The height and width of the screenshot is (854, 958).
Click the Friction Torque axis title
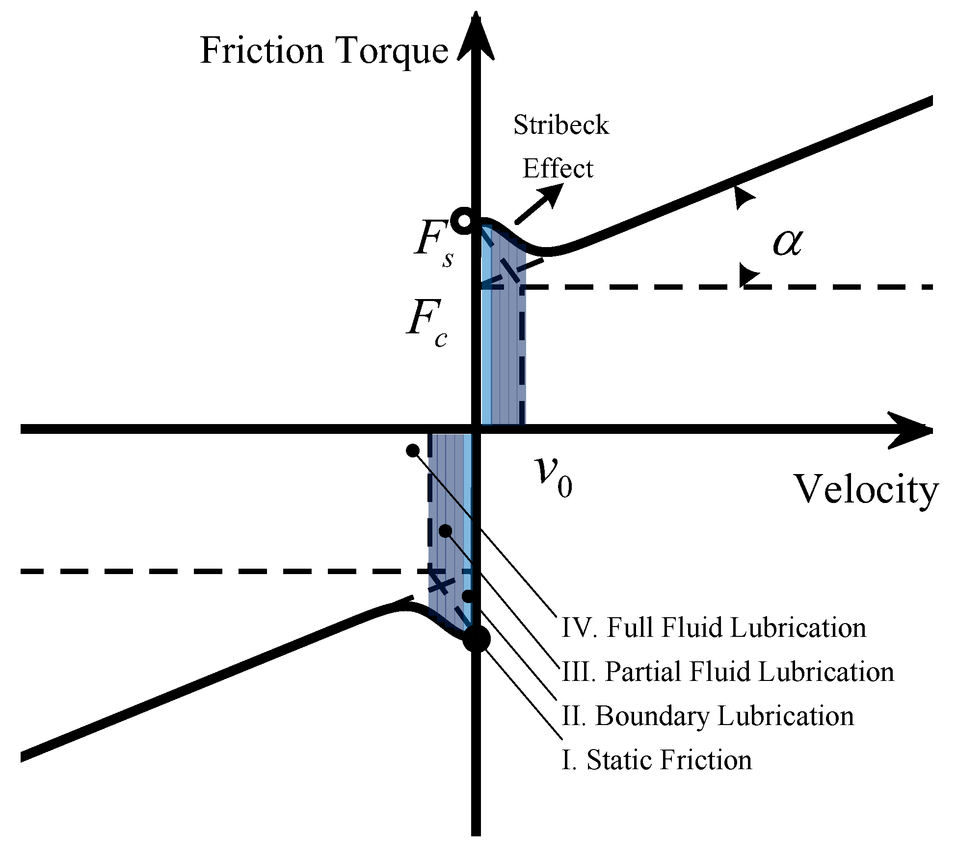[x=324, y=51]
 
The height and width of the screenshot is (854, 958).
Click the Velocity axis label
[x=866, y=489]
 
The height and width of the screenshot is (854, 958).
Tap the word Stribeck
[x=561, y=125]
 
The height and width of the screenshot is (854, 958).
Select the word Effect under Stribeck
[x=558, y=169]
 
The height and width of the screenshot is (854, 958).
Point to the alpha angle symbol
[x=788, y=243]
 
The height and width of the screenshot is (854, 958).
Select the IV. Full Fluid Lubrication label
[x=714, y=628]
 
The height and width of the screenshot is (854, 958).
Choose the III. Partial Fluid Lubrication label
[x=727, y=672]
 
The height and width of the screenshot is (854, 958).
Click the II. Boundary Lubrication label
[x=707, y=716]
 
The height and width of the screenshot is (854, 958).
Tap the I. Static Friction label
[x=656, y=760]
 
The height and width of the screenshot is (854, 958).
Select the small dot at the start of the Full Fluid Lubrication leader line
[x=413, y=450]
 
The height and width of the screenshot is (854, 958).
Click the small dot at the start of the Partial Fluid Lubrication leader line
[x=446, y=531]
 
